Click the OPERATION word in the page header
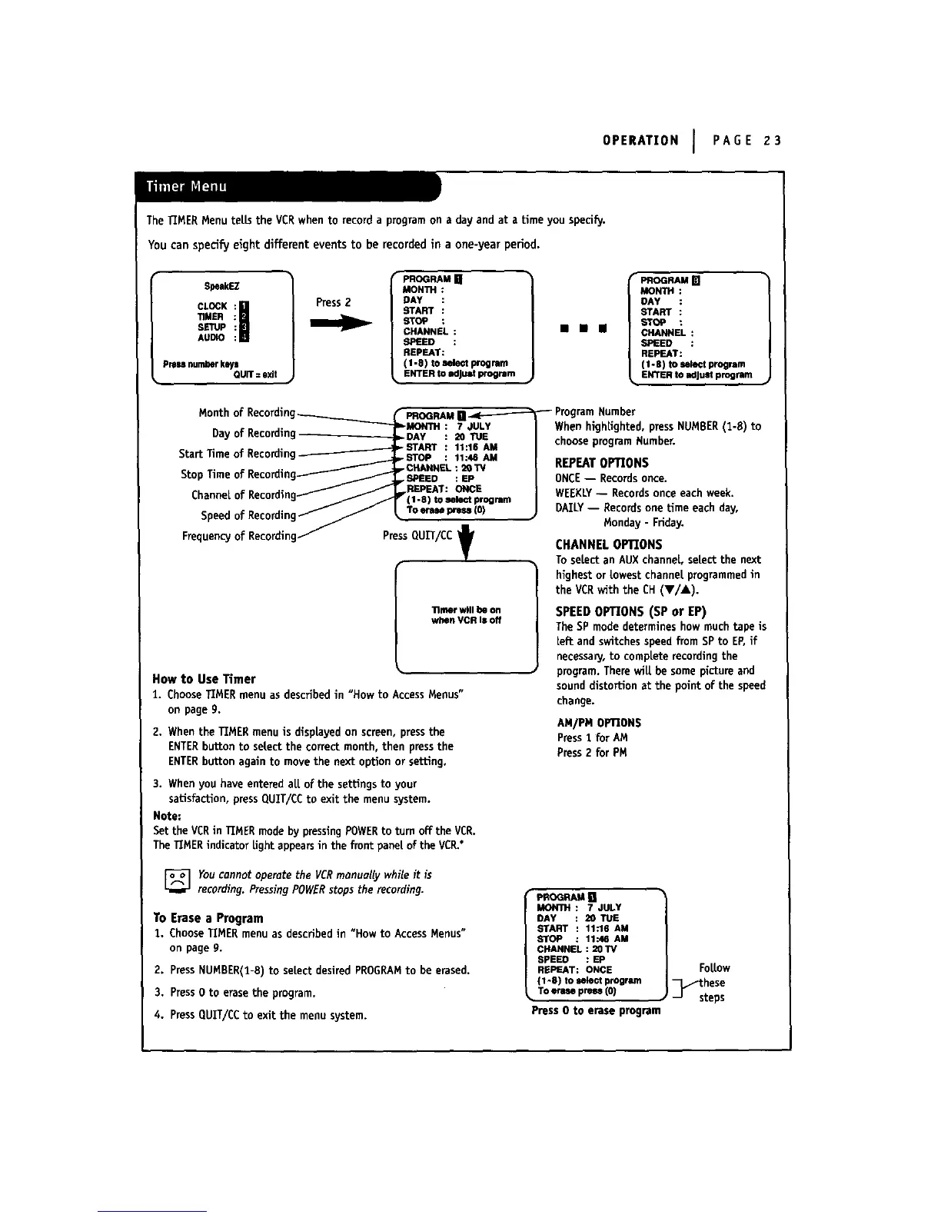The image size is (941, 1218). click(x=640, y=140)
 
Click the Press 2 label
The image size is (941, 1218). click(x=333, y=302)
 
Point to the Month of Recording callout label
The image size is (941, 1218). click(x=247, y=413)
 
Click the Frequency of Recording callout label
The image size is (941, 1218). click(x=239, y=536)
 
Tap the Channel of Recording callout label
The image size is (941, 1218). click(x=244, y=494)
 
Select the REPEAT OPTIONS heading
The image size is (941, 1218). click(x=601, y=463)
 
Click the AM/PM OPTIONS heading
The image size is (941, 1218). click(x=599, y=723)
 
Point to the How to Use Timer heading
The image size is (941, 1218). click(x=204, y=679)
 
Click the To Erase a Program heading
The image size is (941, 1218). click(x=208, y=918)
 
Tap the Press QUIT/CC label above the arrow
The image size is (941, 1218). click(x=417, y=536)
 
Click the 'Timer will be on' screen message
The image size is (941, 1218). click(x=466, y=614)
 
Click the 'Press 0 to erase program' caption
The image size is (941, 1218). click(x=596, y=1010)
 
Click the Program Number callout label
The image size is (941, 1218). click(x=595, y=411)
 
